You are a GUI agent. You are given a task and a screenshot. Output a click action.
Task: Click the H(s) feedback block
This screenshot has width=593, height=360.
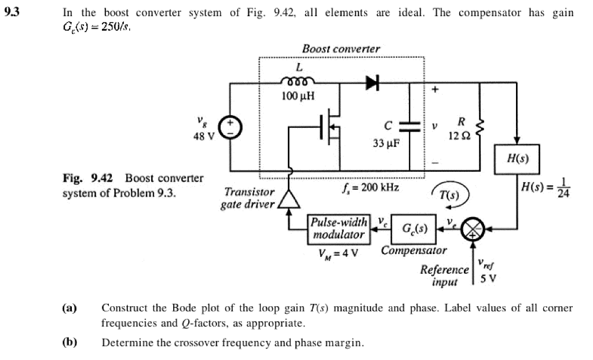(517, 159)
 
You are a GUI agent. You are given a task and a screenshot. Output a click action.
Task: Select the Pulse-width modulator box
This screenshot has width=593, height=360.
(339, 229)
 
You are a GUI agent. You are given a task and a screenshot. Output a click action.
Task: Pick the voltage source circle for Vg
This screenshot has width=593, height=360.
(230, 127)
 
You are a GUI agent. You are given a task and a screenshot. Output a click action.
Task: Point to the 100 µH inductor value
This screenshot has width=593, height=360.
(298, 96)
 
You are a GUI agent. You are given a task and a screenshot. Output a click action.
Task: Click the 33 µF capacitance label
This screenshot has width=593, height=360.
(386, 143)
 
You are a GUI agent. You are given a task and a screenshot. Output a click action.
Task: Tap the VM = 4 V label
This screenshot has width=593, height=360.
(338, 252)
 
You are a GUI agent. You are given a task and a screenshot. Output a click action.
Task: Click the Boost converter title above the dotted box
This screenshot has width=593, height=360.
(341, 49)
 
